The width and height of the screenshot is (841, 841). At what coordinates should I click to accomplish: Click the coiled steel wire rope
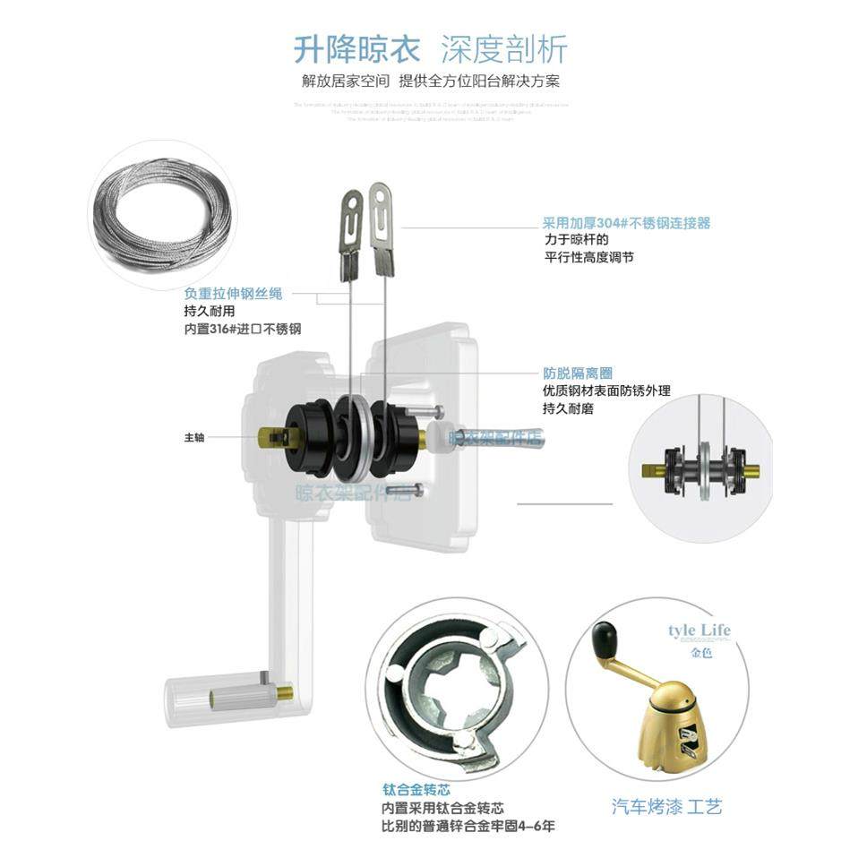[x=162, y=214]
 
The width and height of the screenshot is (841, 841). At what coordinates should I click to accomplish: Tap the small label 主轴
[x=194, y=438]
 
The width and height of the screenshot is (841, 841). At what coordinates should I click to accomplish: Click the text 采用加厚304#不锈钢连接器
[x=626, y=223]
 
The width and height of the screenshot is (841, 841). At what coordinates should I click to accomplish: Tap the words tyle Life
[x=699, y=631]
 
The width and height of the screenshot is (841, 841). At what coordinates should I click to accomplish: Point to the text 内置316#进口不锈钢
[x=242, y=330]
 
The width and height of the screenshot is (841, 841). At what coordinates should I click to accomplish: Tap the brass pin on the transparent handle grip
[x=286, y=692]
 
